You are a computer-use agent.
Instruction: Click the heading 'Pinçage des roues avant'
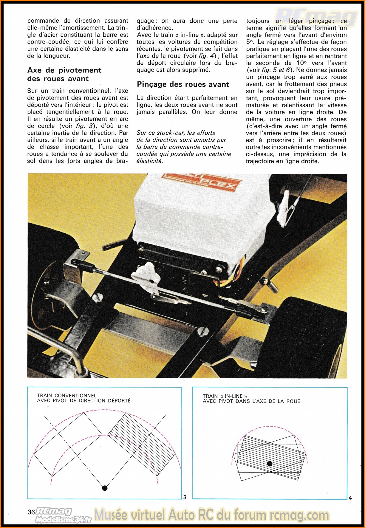tap(183, 84)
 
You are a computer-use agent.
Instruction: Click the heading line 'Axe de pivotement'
tap(64, 70)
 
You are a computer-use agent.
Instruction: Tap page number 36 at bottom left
tap(31, 512)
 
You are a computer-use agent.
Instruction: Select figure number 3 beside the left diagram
tap(185, 497)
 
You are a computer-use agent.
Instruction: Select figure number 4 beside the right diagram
tap(350, 498)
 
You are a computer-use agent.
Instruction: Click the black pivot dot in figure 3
tap(105, 488)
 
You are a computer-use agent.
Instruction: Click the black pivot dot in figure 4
tap(270, 464)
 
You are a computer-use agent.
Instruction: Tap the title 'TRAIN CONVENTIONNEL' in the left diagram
tap(66, 396)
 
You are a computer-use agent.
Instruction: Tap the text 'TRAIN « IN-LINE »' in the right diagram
tap(225, 396)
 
